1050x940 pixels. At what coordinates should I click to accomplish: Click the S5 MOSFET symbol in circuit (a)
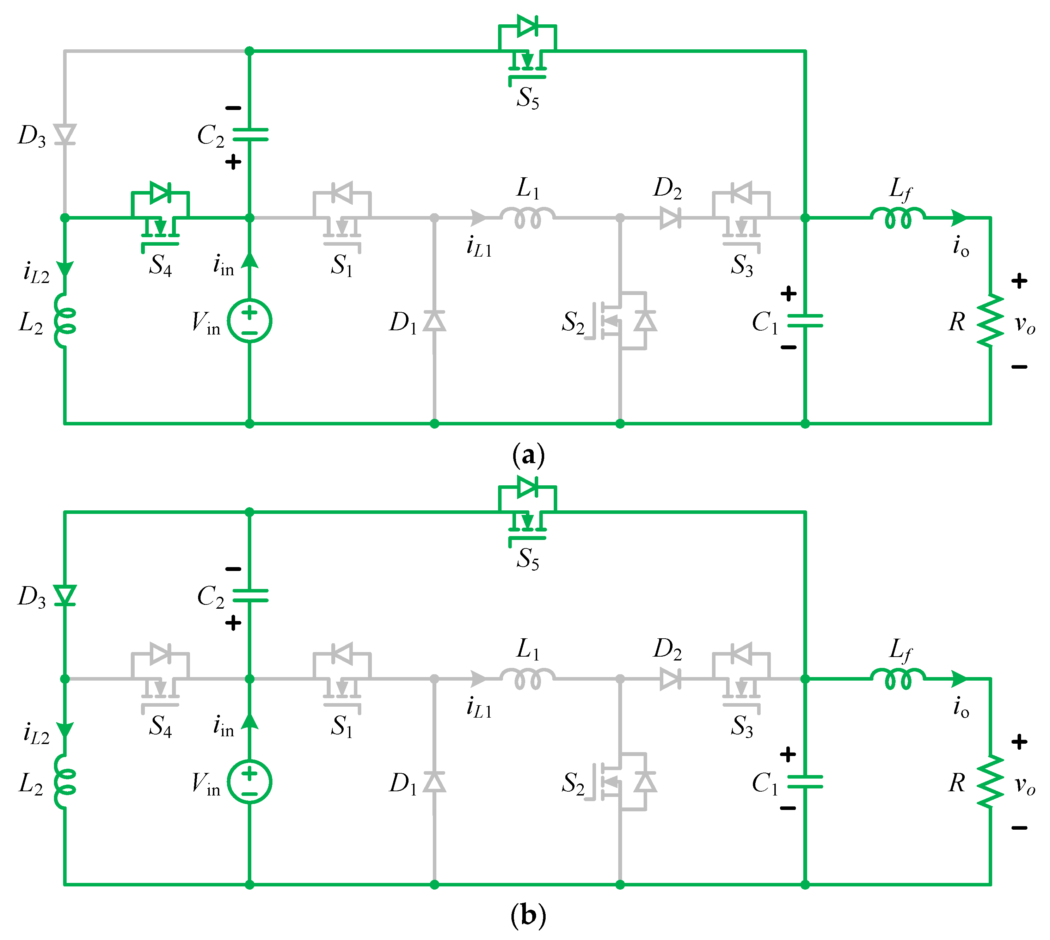(x=527, y=52)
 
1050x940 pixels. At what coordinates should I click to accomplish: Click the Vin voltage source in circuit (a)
(x=250, y=321)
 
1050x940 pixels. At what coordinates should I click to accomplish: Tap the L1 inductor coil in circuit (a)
(x=527, y=217)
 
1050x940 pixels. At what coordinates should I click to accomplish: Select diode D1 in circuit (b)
(x=434, y=782)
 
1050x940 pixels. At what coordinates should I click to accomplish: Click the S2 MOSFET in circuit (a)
(x=620, y=321)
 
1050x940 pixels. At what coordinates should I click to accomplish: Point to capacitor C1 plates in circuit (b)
(x=805, y=782)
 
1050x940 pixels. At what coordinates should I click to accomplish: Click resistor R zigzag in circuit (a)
(x=990, y=321)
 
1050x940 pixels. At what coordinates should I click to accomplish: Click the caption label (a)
(x=528, y=455)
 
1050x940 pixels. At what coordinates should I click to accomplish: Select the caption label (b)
(x=528, y=916)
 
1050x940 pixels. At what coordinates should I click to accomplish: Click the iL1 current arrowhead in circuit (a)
(x=478, y=217)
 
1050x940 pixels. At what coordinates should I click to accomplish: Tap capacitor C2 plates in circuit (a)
(x=250, y=135)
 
